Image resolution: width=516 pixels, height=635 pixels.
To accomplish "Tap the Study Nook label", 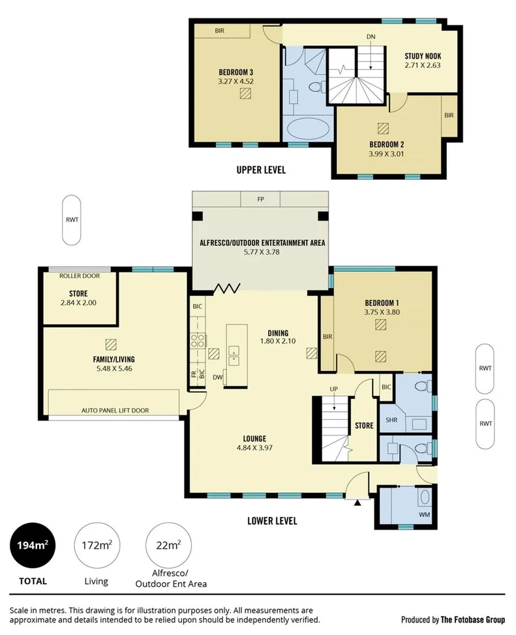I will pos(423,56).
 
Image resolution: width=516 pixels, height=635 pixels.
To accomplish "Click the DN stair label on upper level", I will pos(371,37).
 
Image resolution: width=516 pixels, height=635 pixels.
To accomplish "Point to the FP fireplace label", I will pos(260,199).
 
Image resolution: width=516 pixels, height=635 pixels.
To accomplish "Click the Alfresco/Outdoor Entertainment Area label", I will pos(262,243).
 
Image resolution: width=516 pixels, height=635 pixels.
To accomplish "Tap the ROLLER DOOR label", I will pos(78,276).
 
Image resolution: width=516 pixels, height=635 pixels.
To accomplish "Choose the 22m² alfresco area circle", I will pos(170,545).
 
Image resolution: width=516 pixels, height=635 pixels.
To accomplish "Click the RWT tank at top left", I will pos(72,220).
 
